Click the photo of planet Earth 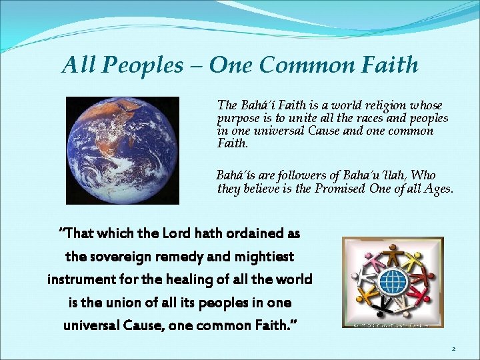[x=122, y=150]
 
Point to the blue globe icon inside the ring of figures [x=393, y=281]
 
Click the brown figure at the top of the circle [x=392, y=255]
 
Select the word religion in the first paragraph [x=364, y=105]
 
